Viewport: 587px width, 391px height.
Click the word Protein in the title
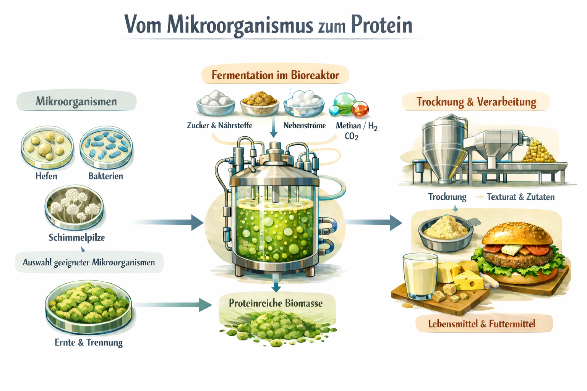[x=382, y=25]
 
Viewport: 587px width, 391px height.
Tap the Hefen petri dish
[x=47, y=147]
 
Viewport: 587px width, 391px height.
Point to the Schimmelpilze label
[x=76, y=238]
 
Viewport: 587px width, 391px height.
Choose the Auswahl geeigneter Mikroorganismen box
[x=89, y=262]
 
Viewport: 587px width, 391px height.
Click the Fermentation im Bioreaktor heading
[x=275, y=75]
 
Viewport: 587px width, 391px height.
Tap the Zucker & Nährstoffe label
[x=219, y=126]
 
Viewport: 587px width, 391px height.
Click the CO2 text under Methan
[x=351, y=137]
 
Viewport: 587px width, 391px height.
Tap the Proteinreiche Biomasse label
[x=276, y=303]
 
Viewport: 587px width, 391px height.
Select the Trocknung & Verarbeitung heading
[x=476, y=102]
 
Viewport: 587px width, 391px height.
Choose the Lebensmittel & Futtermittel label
[x=482, y=324]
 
